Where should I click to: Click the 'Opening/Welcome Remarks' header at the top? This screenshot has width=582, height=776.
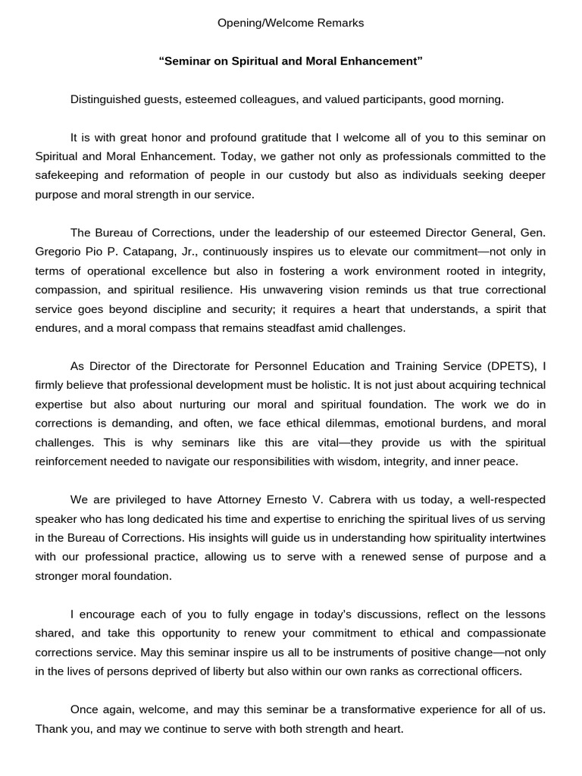point(290,23)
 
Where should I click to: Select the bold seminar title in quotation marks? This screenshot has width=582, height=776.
point(290,61)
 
